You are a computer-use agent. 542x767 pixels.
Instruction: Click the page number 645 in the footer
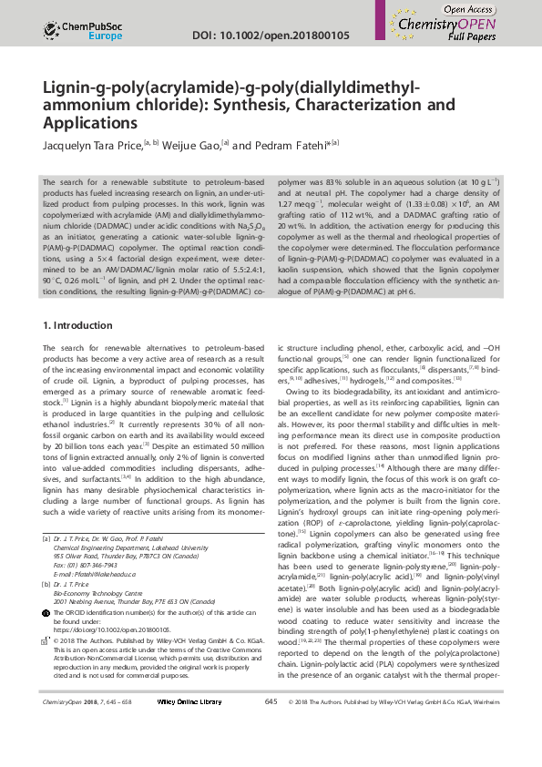(271, 753)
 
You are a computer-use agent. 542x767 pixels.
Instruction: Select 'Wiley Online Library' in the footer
(189, 753)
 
